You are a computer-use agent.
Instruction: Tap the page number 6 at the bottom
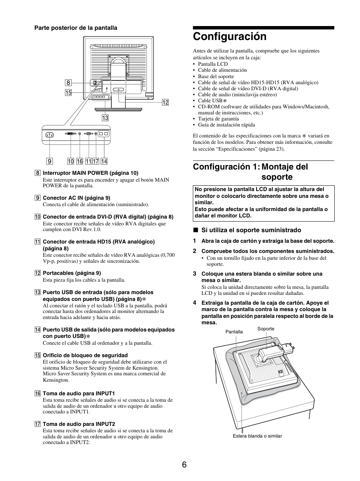pyautogui.click(x=184, y=465)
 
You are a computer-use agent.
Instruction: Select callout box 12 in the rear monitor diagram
pyautogui.click(x=165, y=102)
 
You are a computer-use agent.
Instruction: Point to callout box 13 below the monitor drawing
pyautogui.click(x=105, y=118)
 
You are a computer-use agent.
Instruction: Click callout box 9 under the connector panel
pyautogui.click(x=49, y=161)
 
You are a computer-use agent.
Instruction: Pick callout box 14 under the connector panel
pyautogui.click(x=104, y=161)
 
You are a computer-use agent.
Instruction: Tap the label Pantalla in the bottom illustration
pyautogui.click(x=234, y=332)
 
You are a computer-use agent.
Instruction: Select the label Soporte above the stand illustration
pyautogui.click(x=266, y=329)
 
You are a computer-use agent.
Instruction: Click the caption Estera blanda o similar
pyautogui.click(x=257, y=436)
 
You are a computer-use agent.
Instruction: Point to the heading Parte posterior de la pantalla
pyautogui.click(x=76, y=28)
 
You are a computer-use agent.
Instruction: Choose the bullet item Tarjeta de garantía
pyautogui.click(x=218, y=119)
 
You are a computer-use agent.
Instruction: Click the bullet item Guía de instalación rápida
pyautogui.click(x=226, y=125)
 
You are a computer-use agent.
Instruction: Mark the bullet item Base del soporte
pyautogui.click(x=216, y=76)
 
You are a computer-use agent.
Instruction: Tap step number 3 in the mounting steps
pyautogui.click(x=195, y=274)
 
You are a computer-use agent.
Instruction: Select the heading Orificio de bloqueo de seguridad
pyautogui.click(x=85, y=355)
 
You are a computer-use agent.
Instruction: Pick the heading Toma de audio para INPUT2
pyautogui.click(x=78, y=424)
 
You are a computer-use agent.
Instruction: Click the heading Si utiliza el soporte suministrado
pyautogui.click(x=251, y=230)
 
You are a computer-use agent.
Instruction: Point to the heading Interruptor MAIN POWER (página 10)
pyautogui.click(x=90, y=173)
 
